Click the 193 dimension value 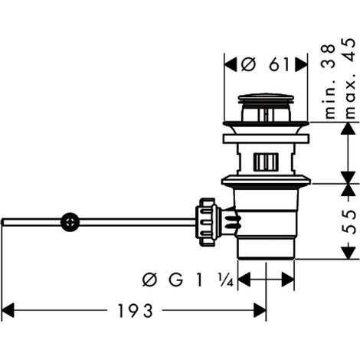click(x=136, y=311)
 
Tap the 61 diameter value click(x=279, y=64)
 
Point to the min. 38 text click(x=329, y=81)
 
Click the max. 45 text click(x=350, y=78)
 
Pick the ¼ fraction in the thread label click(x=226, y=280)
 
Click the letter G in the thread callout click(x=175, y=280)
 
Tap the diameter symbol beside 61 click(x=248, y=64)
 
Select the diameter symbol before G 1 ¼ click(x=150, y=280)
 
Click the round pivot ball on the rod click(x=70, y=222)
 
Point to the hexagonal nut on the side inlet click(x=206, y=222)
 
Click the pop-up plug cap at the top click(x=266, y=99)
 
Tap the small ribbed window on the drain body click(x=266, y=162)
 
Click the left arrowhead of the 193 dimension click(x=8, y=310)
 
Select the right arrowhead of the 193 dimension click(x=260, y=310)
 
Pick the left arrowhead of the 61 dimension click(x=231, y=64)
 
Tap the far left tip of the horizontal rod click(x=2, y=222)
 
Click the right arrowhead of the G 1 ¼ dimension click(x=288, y=280)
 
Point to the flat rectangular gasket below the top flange click(x=266, y=139)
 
